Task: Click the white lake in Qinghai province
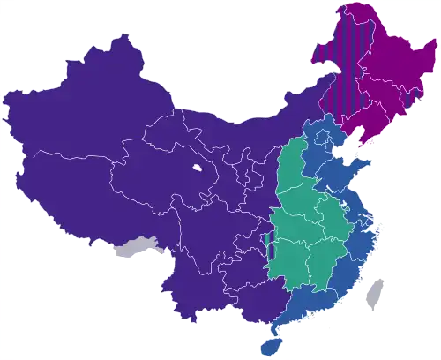(x=196, y=168)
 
